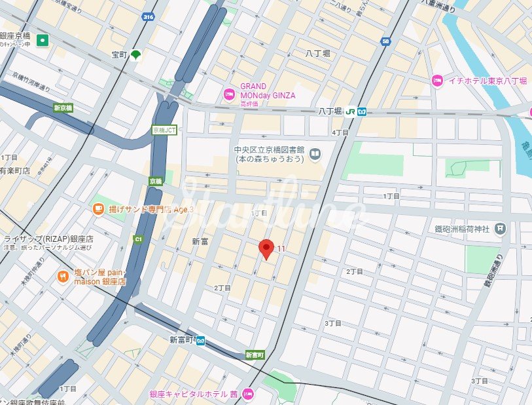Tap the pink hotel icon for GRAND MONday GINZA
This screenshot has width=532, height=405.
pos(229,94)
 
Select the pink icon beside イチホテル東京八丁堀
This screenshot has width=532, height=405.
pos(436,81)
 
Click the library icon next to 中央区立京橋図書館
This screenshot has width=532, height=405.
pos(315,155)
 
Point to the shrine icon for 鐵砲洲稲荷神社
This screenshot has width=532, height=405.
pos(500,228)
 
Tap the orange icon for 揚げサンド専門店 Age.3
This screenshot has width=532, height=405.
pos(98,209)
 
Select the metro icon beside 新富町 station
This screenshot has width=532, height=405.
pos(201,340)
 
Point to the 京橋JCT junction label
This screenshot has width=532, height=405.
pos(164,130)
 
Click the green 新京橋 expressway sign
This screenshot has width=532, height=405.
pos(63,107)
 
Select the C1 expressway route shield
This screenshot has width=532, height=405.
pos(138,239)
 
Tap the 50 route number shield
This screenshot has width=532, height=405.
pos(385,41)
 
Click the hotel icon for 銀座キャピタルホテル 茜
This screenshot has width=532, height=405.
pos(247,394)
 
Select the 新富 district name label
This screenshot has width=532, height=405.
pos(200,242)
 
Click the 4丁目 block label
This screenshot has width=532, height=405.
pos(340,132)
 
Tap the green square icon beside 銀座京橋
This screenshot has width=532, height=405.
pos(43,40)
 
